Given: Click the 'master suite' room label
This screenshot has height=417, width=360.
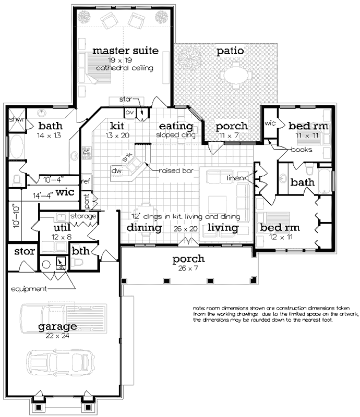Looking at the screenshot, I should [125, 51].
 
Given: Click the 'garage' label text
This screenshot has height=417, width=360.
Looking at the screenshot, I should [57, 327].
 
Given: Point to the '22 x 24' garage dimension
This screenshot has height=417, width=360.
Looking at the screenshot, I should [57, 336].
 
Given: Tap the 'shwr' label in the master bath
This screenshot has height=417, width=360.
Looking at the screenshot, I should [14, 119].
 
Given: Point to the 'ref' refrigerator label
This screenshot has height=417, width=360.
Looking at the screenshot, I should [86, 181].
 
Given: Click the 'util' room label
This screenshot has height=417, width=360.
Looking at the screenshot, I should [62, 228].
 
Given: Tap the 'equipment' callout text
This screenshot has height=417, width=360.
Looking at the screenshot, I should [29, 288].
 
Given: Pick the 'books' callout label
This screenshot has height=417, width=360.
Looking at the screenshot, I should [302, 150].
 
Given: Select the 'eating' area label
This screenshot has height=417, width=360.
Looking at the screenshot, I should [176, 126].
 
